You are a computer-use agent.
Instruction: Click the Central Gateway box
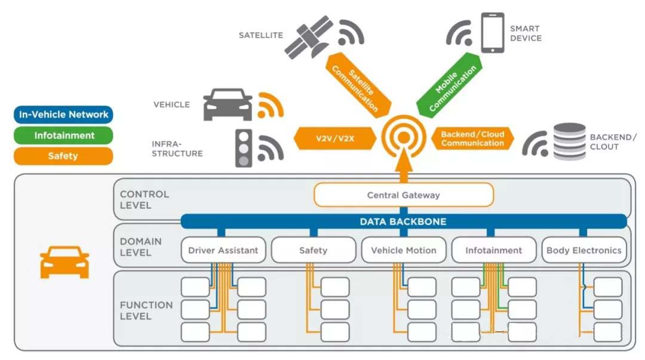coord(403,195)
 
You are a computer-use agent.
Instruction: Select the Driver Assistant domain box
coord(223,250)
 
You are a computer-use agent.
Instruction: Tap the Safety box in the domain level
coord(313,250)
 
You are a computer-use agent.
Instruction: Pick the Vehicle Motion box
coord(403,250)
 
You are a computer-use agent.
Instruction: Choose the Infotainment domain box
coord(493,250)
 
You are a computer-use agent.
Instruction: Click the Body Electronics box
coord(583,250)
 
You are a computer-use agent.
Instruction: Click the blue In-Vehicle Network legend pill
coord(63,115)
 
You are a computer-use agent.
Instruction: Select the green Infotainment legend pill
coord(63,136)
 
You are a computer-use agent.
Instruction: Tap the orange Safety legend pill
coord(63,156)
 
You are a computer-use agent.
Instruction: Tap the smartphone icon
coord(493,32)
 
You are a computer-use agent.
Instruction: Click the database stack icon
coord(569,141)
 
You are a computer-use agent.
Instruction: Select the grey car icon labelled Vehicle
coord(228,104)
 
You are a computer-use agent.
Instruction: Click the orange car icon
coord(64,262)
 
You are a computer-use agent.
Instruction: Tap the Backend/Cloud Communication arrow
coord(472,139)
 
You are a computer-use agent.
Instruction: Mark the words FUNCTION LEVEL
coord(146,310)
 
